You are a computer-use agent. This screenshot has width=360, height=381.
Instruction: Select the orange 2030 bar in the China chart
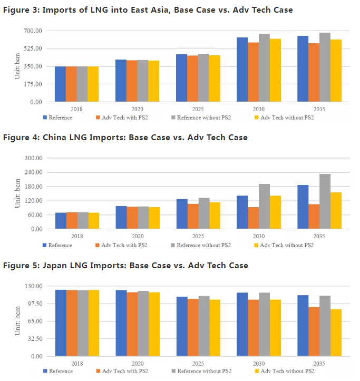pyautogui.click(x=253, y=218)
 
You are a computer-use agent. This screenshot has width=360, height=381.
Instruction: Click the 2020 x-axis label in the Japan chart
pyautogui.click(x=138, y=364)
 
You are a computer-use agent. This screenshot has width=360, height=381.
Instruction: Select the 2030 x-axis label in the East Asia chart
pyautogui.click(x=258, y=109)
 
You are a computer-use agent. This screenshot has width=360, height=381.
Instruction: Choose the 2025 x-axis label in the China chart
pyautogui.click(x=198, y=236)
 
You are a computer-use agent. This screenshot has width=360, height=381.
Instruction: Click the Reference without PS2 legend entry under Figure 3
pyautogui.click(x=202, y=118)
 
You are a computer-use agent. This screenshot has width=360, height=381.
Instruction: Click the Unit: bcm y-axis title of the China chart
pyautogui.click(x=17, y=193)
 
